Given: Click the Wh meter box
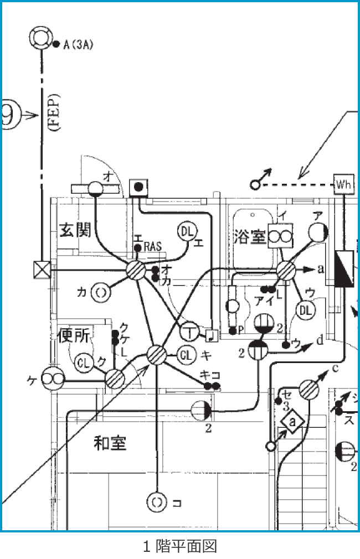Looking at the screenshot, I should pos(343,183).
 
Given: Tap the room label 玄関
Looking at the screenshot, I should pos(75,230).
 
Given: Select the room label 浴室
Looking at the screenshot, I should pos(250,237).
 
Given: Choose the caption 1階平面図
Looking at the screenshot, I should pos(179,547).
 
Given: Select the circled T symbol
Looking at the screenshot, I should pos(189,332).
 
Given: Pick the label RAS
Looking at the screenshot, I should pos(152,247).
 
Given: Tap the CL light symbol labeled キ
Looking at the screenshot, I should pos(187,354).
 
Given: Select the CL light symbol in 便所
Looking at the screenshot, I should pos(84,363).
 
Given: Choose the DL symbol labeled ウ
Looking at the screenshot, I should pos(305,310).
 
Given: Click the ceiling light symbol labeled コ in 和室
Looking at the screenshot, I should pos(157,503).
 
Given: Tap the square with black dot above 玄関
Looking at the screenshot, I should pos(138,188).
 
